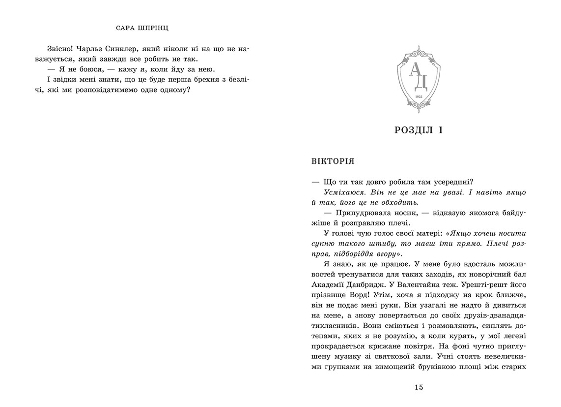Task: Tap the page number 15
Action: pyautogui.click(x=419, y=387)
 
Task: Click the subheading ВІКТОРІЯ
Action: pyautogui.click(x=333, y=161)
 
